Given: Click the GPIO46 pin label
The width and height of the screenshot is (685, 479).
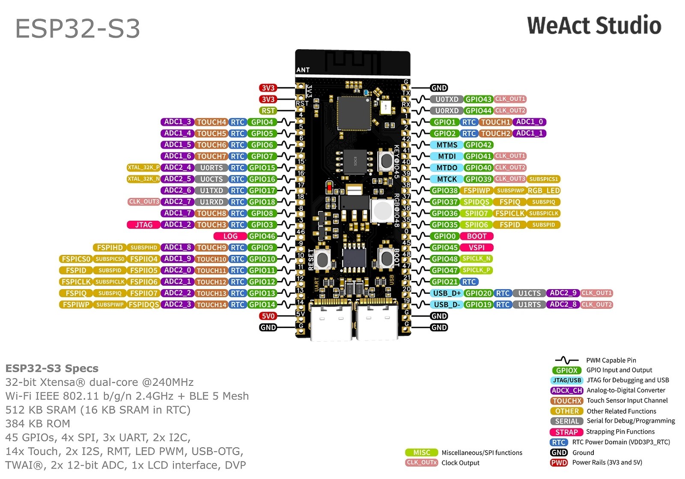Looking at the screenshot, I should [x=262, y=236].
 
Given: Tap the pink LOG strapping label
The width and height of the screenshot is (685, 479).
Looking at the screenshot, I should [x=230, y=236].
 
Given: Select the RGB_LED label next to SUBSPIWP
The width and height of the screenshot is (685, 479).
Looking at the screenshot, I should [x=544, y=191].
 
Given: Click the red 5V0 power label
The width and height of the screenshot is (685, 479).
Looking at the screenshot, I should [x=268, y=316].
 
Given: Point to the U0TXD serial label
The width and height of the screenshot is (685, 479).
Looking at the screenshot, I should [x=447, y=99].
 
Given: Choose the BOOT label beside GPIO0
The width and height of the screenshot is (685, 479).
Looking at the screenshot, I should [x=477, y=236].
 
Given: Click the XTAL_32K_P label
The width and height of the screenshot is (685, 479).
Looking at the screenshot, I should [x=143, y=168].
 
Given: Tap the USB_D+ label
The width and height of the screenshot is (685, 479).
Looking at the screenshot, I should [x=447, y=293].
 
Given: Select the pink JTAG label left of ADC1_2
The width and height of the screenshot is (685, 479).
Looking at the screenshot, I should [x=144, y=225].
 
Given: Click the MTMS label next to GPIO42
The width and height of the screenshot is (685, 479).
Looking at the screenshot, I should [x=447, y=145].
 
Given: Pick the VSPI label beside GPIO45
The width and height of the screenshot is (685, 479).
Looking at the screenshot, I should [x=477, y=248].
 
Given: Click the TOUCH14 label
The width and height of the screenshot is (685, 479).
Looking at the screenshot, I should [x=211, y=305].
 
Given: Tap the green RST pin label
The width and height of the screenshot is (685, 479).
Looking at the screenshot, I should [x=268, y=111].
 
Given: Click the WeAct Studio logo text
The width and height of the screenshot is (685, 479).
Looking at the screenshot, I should [x=594, y=26].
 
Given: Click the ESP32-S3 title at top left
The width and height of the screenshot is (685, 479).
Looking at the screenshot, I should [x=77, y=29].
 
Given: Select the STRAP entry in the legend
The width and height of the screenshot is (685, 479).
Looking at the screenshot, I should [x=566, y=432].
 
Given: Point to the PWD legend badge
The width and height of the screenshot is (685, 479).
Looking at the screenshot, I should [x=559, y=463].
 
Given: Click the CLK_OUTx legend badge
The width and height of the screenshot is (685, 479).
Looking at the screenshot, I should [x=421, y=463].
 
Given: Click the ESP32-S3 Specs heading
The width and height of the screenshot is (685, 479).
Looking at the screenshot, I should [x=52, y=368].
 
